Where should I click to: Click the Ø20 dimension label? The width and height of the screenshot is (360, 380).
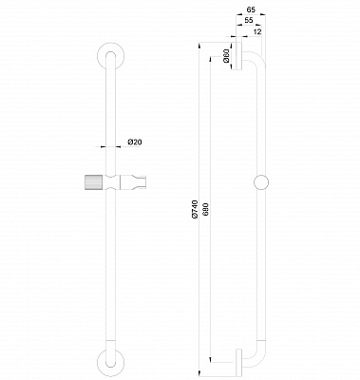click(x=135, y=142)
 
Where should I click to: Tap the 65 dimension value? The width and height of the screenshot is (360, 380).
click(x=251, y=9)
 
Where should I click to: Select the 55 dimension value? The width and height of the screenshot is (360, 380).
click(x=249, y=20)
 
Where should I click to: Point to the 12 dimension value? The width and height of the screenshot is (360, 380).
click(x=257, y=31)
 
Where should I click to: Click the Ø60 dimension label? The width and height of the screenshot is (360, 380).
click(x=226, y=56)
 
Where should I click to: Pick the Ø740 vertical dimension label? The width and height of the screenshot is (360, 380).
click(x=195, y=209)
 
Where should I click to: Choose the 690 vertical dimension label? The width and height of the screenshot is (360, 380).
click(x=206, y=209)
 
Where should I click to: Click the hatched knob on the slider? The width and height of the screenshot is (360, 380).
click(x=92, y=182)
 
